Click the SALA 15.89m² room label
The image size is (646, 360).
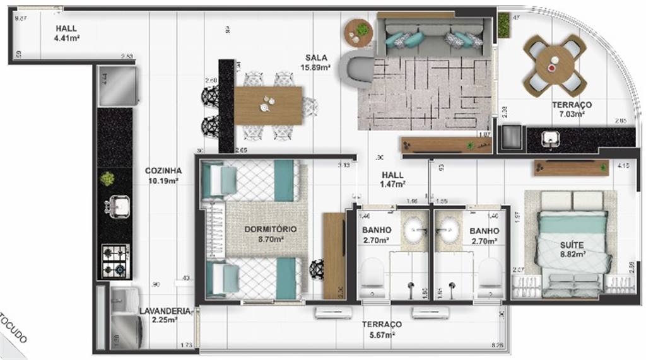(317, 62)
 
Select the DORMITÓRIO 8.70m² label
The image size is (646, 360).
(271, 234)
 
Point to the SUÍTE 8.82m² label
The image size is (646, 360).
(572, 248)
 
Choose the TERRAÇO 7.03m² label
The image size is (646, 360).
(571, 109)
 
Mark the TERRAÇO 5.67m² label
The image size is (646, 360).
(381, 329)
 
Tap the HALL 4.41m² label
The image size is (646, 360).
(66, 33)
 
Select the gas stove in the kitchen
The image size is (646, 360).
(115, 261)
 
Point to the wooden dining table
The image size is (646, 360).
(268, 105)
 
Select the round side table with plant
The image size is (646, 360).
(359, 32)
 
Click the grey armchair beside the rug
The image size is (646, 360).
(357, 69)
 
